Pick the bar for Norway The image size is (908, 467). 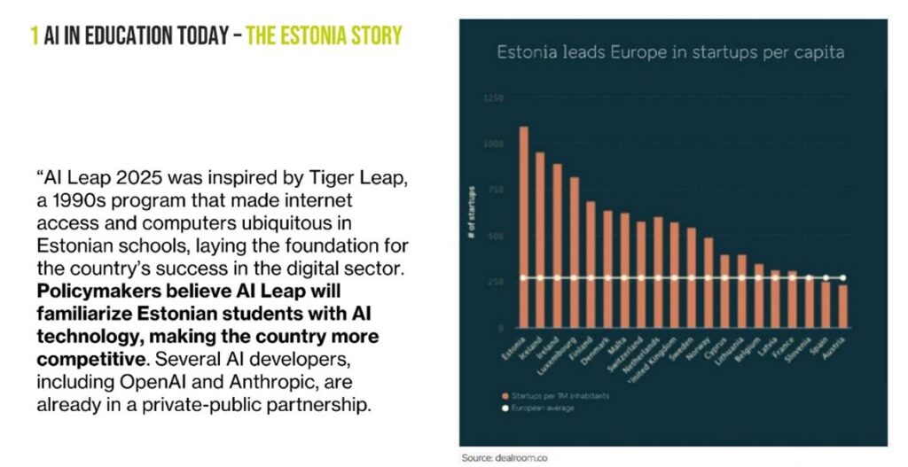(708, 283)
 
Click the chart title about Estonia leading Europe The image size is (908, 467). (670, 52)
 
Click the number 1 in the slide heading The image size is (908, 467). (35, 36)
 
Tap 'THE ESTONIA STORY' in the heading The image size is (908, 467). (324, 36)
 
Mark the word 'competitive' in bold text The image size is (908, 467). (90, 360)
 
